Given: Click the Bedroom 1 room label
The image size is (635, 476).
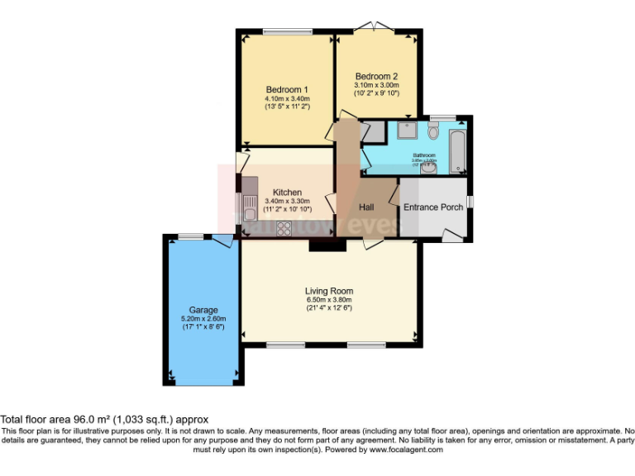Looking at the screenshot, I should pos(287,90).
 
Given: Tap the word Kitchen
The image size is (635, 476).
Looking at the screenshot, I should pos(287,192).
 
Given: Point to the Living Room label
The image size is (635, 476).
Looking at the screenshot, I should pos(329,291).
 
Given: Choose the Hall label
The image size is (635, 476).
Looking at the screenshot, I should pos(366,207).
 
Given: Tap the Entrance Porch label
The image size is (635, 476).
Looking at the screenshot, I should pos(432,207).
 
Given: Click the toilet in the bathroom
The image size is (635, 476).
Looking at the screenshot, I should pos(433,131).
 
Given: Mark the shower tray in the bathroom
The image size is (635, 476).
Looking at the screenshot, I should pos(406,131).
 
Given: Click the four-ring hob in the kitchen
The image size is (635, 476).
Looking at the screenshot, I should pos(284,228).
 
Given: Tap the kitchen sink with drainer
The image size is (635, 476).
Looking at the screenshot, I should pos(248,207).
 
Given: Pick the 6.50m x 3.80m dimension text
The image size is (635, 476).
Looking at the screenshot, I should pos(329,300).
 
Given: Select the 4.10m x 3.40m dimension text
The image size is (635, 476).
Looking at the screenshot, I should pos(287,99).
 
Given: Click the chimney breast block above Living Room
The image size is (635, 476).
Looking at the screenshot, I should pos(327,245).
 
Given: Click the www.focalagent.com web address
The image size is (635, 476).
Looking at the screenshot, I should pos(406,450).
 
